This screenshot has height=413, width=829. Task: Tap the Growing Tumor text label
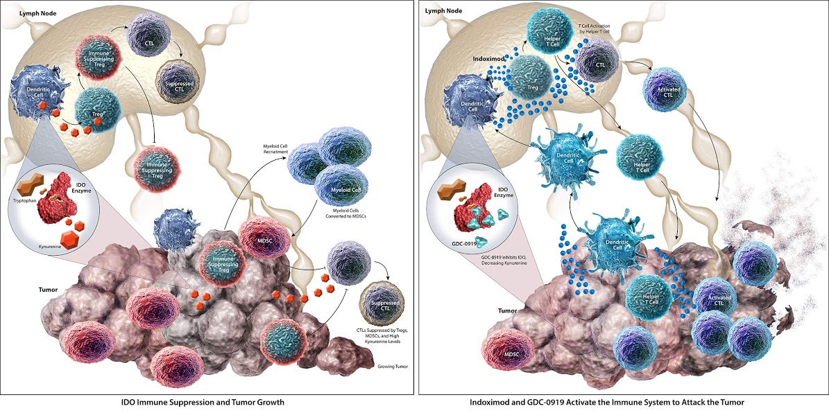click(390, 364)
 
